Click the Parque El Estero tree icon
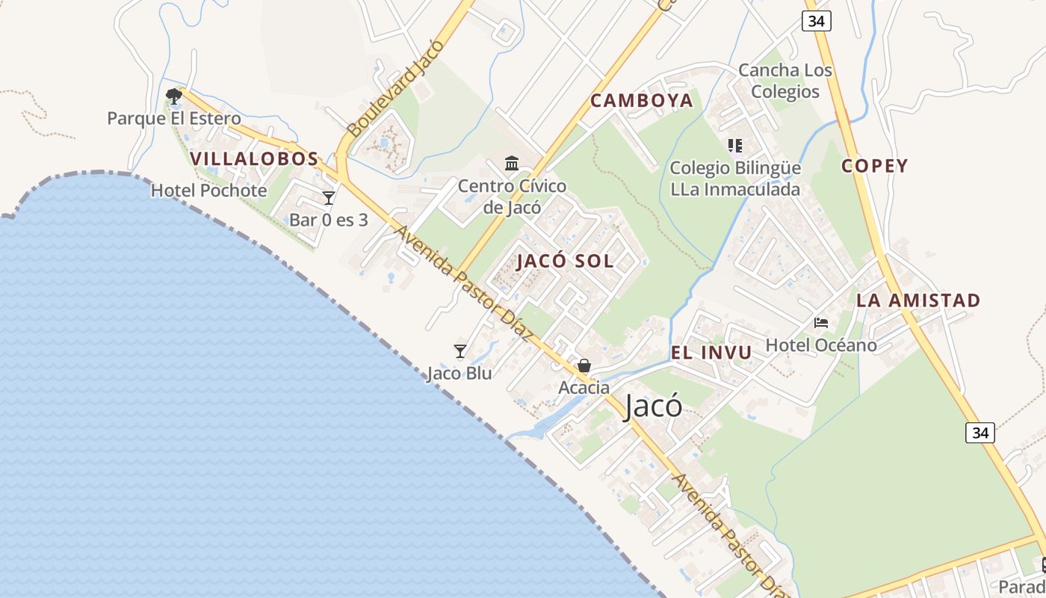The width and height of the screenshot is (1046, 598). [x=174, y=96]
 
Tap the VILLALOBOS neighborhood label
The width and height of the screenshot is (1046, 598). [x=255, y=159]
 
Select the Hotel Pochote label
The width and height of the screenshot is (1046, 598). [x=209, y=191]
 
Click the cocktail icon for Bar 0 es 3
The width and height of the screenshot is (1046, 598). [x=329, y=198]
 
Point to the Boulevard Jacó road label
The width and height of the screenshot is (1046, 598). [x=396, y=88]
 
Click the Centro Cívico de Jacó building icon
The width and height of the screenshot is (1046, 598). [x=512, y=163]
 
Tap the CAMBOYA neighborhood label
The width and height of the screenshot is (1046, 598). [x=642, y=101]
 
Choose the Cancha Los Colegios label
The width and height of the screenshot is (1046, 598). [x=785, y=81]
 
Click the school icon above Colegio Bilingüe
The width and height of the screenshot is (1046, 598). [x=735, y=145]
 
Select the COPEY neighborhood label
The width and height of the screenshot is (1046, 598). [x=875, y=166]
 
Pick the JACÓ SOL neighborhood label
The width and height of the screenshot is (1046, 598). [x=565, y=261]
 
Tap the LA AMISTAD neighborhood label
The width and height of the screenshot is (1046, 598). [x=918, y=300]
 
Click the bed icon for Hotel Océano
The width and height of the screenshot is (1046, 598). [x=821, y=323]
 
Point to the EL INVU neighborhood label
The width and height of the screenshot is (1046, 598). [x=711, y=354]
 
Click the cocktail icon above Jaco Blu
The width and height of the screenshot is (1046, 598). [x=460, y=351]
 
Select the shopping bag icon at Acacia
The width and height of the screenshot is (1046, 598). [x=584, y=366]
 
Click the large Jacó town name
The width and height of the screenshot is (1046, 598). [x=653, y=406]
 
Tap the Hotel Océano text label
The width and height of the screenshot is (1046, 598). [x=821, y=345]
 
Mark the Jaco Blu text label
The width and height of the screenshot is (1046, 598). [x=459, y=373]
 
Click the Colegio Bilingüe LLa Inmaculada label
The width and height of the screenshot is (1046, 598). [x=735, y=179]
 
